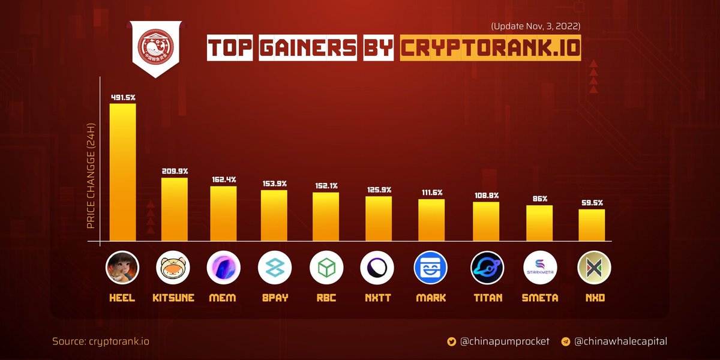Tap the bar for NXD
coord(592,226)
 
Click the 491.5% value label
coord(122,97)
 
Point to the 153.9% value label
coord(274,183)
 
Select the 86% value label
coord(539,198)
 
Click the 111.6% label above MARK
coord(431,192)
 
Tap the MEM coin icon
coord(223,268)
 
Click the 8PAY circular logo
coord(274,268)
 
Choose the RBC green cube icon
coord(326,268)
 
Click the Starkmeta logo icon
coord(539,268)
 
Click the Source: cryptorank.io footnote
coord(101,341)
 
